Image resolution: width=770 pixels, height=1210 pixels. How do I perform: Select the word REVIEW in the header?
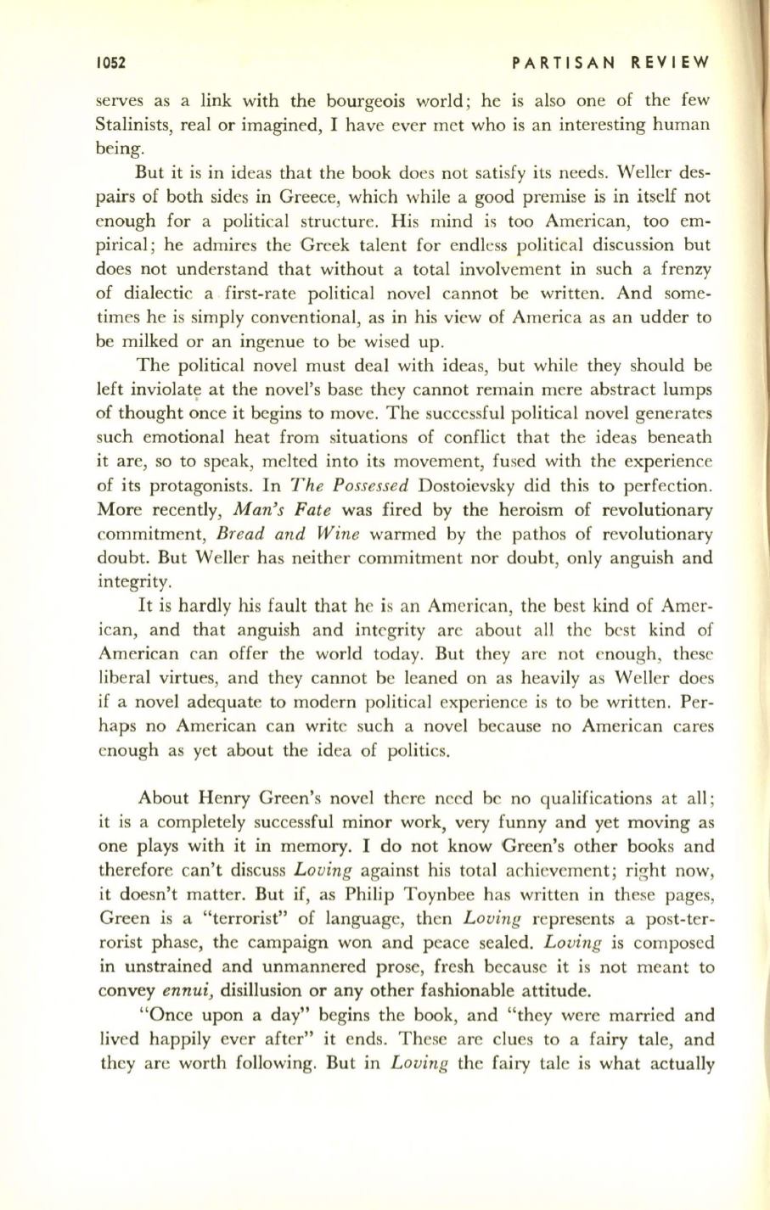[670, 63]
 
